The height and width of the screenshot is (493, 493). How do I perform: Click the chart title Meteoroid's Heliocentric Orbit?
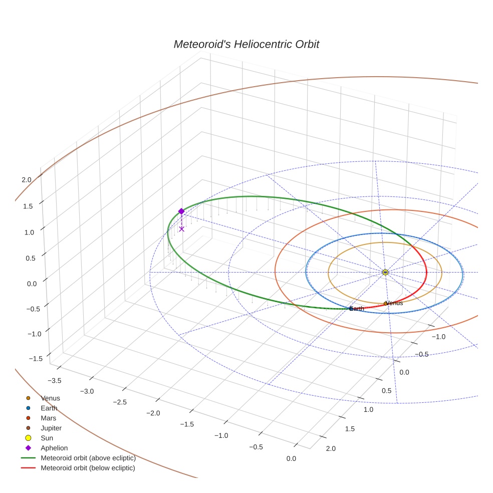point(246,44)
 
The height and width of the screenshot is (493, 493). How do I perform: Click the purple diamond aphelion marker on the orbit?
point(181,211)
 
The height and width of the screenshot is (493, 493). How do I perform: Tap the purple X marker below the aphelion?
point(181,229)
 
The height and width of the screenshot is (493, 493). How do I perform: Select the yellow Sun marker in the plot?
point(385,272)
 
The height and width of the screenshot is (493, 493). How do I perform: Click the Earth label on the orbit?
point(357,309)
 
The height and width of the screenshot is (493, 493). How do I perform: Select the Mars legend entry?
point(48,418)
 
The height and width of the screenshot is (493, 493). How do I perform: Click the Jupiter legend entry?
point(51,428)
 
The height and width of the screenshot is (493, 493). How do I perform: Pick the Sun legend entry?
point(47,438)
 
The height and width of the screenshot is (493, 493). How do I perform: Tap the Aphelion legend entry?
point(54,448)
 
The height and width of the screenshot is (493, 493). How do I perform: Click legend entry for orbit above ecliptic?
point(88,458)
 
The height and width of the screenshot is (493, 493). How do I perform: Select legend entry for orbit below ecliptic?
point(88,468)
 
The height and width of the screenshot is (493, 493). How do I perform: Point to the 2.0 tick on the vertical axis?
point(27,179)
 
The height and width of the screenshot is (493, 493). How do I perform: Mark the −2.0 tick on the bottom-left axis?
point(153,413)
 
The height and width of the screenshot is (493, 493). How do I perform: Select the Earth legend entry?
point(49,408)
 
